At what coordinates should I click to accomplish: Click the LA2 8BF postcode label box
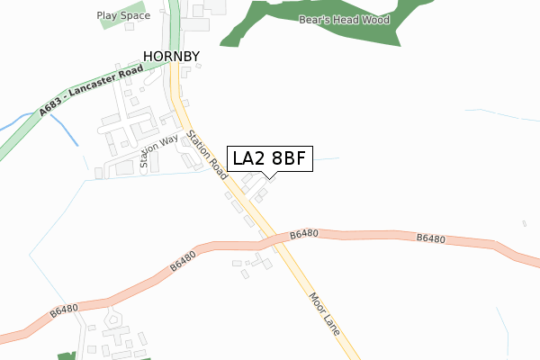tap(270, 158)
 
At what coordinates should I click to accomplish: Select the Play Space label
tap(123, 15)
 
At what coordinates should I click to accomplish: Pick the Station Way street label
tap(158, 150)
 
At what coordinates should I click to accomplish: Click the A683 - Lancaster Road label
tap(92, 89)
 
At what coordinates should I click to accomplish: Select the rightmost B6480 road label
tap(431, 238)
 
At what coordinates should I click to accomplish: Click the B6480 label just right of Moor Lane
tap(304, 234)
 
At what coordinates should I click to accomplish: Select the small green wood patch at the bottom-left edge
tap(65, 356)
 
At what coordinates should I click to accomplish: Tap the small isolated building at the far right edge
tap(524, 223)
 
